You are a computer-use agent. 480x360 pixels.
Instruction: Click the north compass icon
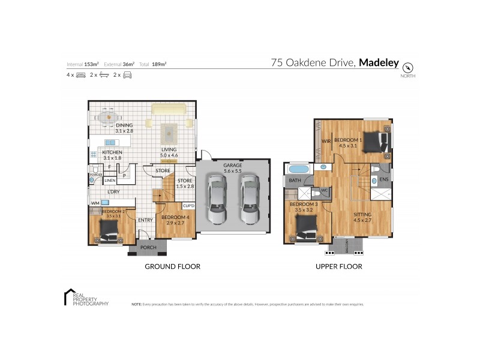410,67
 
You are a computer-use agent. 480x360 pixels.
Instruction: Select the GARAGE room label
232,165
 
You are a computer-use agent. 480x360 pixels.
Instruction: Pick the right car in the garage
250,197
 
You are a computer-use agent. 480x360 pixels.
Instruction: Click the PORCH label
148,247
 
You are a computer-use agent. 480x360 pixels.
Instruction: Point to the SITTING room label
362,214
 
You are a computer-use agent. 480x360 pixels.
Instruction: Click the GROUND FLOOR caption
172,266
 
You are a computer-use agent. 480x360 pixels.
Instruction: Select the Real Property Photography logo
86,298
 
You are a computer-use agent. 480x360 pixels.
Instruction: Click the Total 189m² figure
152,64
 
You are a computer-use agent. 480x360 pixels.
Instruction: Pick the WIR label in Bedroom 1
326,142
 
